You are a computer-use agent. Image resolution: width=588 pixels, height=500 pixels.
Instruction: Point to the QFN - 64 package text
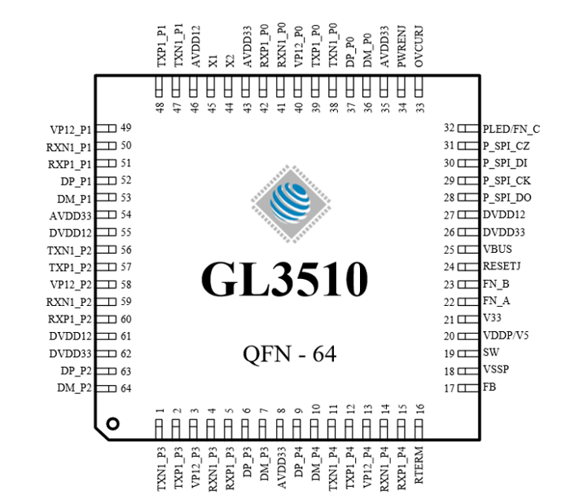(x=289, y=354)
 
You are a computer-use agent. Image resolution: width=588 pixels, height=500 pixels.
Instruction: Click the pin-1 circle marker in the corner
(x=113, y=423)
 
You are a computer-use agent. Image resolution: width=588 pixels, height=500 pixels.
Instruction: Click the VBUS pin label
(x=498, y=250)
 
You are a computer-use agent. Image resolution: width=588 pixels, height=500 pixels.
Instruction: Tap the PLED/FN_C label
(x=511, y=129)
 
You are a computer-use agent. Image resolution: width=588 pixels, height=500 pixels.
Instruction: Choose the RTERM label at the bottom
(x=419, y=468)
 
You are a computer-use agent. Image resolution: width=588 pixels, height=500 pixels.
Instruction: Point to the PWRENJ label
(x=402, y=44)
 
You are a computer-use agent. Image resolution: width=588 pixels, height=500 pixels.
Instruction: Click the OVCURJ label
(x=419, y=44)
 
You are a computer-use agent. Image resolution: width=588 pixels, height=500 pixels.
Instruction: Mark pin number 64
(x=126, y=388)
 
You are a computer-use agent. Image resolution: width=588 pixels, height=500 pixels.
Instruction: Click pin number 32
(x=449, y=128)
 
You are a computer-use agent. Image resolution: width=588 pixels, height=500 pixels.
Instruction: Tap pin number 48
(x=160, y=108)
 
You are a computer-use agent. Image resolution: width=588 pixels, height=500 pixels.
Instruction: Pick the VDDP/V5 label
(x=506, y=336)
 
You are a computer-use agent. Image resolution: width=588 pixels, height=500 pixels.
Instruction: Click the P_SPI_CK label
(x=507, y=180)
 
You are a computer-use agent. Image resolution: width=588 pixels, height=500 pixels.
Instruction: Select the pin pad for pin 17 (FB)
(x=467, y=388)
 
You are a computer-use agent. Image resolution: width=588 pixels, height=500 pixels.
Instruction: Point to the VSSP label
(x=496, y=371)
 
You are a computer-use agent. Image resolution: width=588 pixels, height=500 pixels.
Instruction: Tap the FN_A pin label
(x=496, y=301)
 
